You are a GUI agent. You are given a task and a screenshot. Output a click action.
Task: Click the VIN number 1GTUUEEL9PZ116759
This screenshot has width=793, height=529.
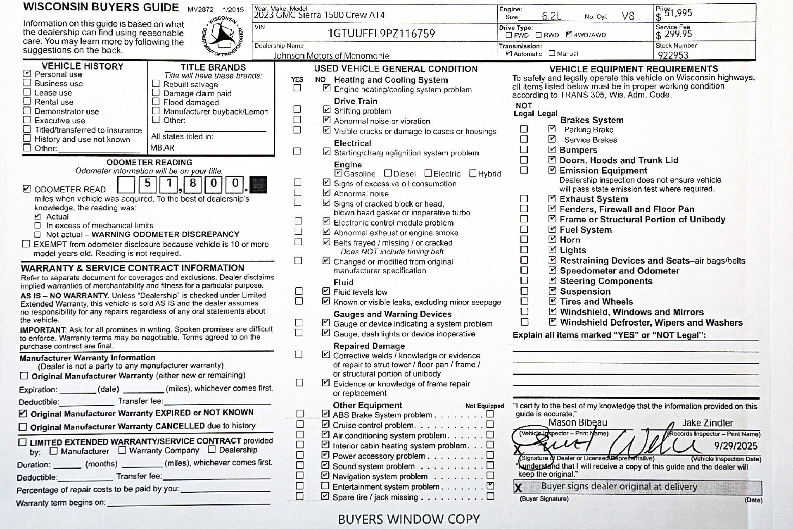[381, 33]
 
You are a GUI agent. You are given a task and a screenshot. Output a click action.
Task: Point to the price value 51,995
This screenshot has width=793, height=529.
[678, 13]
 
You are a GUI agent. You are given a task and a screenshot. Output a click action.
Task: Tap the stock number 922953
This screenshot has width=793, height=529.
[673, 55]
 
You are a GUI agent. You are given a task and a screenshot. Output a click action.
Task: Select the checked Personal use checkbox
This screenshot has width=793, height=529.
[27, 74]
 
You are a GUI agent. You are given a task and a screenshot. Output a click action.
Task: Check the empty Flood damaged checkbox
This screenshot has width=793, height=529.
[156, 102]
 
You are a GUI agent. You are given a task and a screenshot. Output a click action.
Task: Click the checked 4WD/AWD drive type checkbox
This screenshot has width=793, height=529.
[569, 35]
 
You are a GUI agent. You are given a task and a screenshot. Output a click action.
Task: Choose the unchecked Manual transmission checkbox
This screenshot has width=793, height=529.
[552, 53]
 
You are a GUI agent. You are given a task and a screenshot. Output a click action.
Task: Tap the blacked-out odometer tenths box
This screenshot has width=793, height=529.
[259, 184]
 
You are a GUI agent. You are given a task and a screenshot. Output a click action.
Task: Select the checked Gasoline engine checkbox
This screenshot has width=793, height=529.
[338, 173]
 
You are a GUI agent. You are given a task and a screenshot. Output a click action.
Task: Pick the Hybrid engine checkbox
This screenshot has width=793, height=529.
[472, 173]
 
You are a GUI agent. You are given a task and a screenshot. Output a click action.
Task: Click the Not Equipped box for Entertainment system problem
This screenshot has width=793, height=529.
[490, 486]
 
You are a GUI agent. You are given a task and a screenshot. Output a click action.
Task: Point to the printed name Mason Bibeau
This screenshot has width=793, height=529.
[578, 422]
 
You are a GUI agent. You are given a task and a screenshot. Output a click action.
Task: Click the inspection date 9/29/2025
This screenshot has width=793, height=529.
[736, 446]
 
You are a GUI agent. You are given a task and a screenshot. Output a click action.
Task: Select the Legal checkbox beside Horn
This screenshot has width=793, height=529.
[552, 239]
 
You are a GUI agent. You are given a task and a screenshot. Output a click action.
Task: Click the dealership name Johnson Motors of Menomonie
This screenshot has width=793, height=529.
[331, 55]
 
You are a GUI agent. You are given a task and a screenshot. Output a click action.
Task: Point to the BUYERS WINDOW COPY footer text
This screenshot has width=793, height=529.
[408, 519]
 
